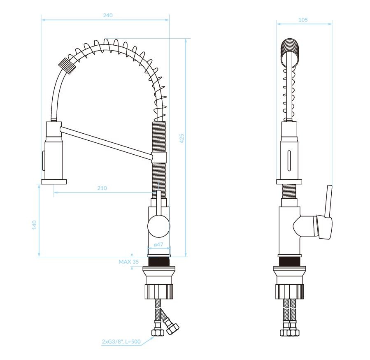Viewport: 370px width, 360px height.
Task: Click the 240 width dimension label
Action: (x=107, y=15)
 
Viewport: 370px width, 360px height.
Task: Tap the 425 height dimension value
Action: (x=182, y=139)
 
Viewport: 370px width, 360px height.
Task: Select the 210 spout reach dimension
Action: (x=102, y=188)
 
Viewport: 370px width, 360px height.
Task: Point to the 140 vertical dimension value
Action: (x=35, y=225)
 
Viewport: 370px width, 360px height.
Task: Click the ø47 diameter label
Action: (x=158, y=244)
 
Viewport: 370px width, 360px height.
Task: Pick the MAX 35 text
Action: (x=128, y=262)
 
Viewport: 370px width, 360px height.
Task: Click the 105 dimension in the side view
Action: (x=303, y=20)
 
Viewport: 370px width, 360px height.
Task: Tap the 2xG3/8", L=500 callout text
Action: (x=121, y=341)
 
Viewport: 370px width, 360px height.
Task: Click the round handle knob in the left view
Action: (x=158, y=226)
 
